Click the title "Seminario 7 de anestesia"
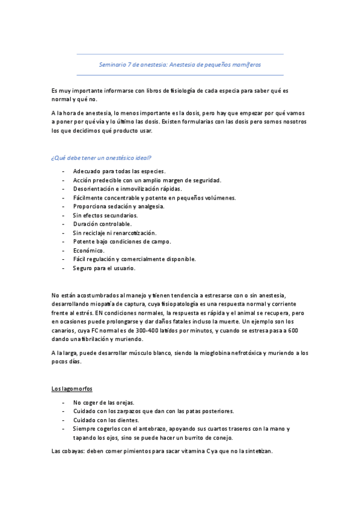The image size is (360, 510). point(180,64)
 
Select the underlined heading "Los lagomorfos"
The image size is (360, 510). point(72,389)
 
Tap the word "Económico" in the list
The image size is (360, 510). point(88,250)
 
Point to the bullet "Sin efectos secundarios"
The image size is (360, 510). point(105,215)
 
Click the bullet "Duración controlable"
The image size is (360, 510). point(102,224)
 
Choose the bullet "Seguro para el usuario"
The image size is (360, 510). point(104,268)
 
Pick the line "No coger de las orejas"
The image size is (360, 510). point(104,402)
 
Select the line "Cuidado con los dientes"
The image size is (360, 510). point(106,420)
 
